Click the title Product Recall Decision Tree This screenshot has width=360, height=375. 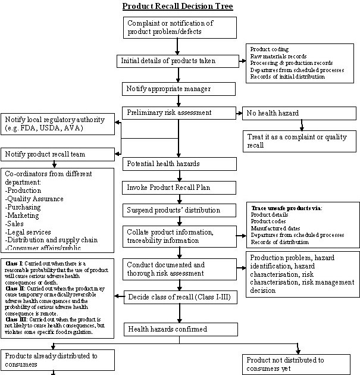point(177,7)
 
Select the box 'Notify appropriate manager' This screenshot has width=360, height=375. point(168,89)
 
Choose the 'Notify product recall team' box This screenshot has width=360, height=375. point(58,154)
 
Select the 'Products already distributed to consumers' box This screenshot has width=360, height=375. point(57,360)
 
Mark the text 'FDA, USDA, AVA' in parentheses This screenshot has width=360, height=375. point(58,128)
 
